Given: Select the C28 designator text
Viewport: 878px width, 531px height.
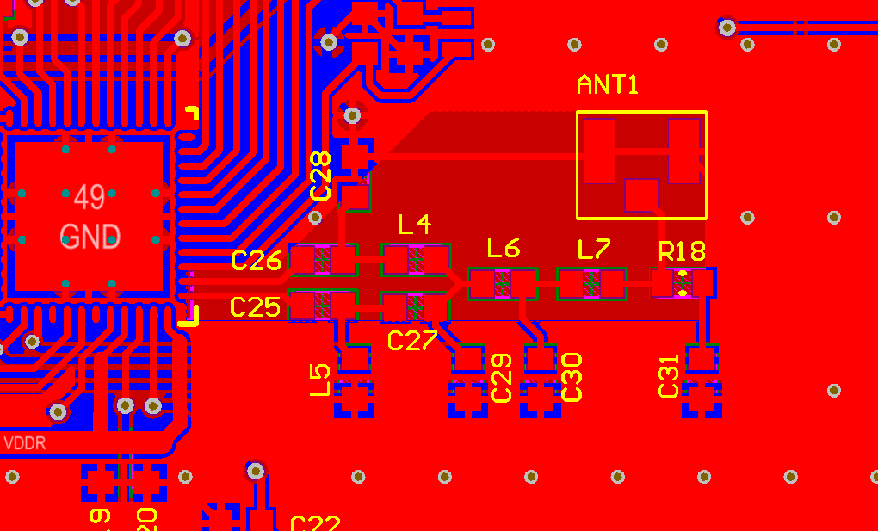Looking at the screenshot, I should coord(320,176).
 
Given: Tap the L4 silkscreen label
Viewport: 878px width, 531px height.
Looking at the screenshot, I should coord(415,225).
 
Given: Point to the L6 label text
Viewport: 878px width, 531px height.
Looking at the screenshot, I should coord(504,249).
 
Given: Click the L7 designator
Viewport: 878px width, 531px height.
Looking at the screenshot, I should coord(594,250).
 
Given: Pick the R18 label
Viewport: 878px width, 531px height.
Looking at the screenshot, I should coord(682,251).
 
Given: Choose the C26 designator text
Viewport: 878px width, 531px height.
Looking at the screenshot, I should coord(257,261).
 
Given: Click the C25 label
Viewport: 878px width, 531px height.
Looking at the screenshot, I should coord(256,306).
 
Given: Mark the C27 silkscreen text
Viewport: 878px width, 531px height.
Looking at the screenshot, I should coord(412,341).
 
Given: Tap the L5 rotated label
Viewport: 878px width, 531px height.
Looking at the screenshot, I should coord(319,380).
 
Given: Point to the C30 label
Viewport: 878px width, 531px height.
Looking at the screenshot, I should coord(572,377).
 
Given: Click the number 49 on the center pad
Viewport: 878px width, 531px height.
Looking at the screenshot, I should coord(90,197).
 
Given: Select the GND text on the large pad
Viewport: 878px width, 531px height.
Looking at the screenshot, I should coord(90,237).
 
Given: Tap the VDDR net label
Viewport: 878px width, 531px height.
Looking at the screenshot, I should coord(25,444).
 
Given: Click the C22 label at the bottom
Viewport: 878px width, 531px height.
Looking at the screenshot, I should coord(315,523).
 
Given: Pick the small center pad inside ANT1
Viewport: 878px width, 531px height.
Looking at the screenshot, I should coord(641,194).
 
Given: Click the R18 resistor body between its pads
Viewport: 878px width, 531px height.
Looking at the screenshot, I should coord(683,283).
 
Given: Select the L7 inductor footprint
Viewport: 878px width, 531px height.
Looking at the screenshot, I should coord(591,283).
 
